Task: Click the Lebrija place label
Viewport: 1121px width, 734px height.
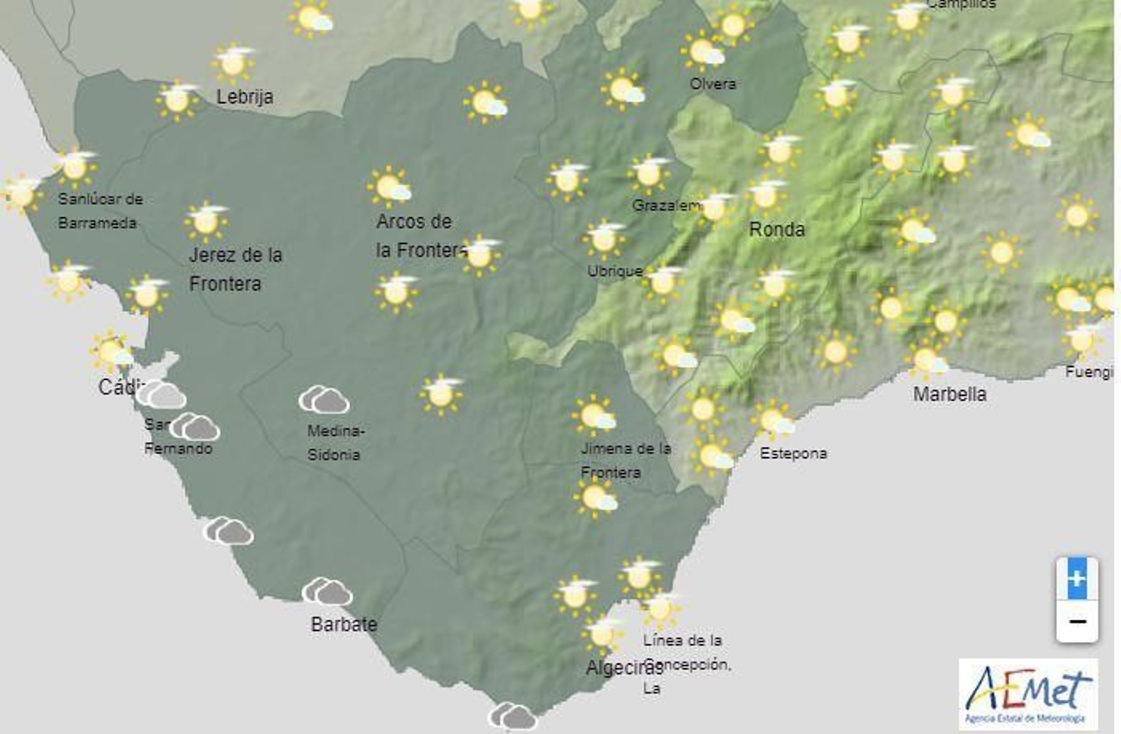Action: tap(245, 97)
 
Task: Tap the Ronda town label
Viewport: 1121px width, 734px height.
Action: tap(777, 229)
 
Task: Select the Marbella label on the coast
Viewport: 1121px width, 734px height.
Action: tap(949, 394)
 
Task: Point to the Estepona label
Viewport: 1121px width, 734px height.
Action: tap(793, 454)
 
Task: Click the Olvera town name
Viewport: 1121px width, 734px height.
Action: tap(713, 84)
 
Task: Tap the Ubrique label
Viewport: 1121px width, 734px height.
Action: tap(614, 271)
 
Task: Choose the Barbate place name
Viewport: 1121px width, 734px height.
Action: tap(344, 624)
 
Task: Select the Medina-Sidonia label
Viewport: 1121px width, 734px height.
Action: tap(335, 443)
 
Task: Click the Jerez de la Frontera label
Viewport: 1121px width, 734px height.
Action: tap(235, 269)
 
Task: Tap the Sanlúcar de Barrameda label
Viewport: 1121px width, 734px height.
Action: tap(99, 211)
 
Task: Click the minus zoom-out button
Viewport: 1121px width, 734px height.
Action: tap(1077, 622)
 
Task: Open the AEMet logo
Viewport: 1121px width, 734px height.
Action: tap(1028, 694)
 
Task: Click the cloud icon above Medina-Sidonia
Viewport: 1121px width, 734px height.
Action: tap(324, 401)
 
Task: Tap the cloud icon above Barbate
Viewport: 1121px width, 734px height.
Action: tap(327, 592)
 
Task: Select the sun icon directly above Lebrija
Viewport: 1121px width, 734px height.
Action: tap(233, 63)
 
